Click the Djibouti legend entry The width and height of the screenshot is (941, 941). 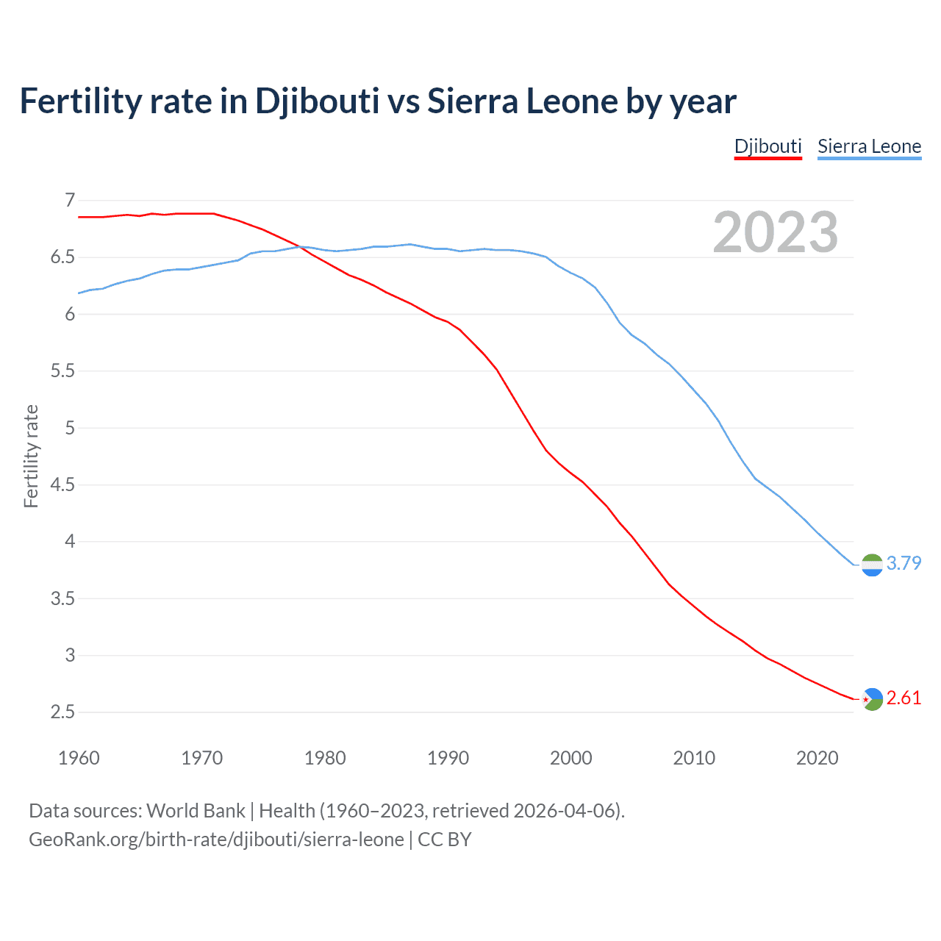pos(768,146)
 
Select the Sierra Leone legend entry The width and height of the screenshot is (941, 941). pos(869,146)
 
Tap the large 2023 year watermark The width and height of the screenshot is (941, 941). pos(775,232)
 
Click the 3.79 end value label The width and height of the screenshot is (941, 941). pos(904,563)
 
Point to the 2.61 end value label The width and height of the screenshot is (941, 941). pos(904,698)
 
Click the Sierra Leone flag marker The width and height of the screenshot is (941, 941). pos(872,565)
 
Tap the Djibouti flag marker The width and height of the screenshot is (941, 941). pos(872,698)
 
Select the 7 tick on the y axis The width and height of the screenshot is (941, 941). pos(70,200)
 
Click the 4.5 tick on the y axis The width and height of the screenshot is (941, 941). pos(62,484)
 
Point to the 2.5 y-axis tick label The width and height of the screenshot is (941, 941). pos(62,712)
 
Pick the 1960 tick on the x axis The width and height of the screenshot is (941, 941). pos(79,758)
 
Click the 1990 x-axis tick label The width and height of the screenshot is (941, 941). pos(448,758)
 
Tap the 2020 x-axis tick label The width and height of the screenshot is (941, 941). pos(817,758)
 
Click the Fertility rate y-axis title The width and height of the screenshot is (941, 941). pos(31,456)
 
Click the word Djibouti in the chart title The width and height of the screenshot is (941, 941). pos(317,101)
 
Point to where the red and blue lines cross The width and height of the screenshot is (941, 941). pos(298,247)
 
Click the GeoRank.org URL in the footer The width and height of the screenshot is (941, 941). pos(216,839)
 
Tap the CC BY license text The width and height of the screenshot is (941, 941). pos(444,839)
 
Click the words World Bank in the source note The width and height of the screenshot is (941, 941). pos(196,810)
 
